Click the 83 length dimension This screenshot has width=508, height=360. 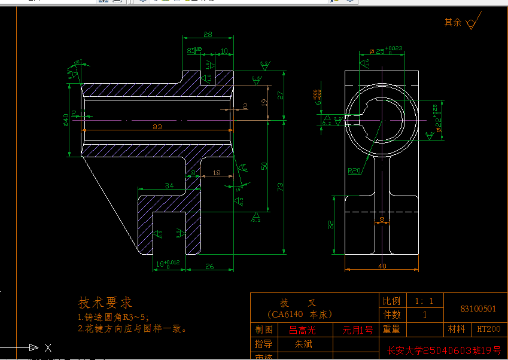(157, 126)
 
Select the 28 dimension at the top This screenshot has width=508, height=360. (208, 35)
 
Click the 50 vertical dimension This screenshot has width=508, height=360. (264, 166)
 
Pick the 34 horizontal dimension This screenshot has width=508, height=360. (169, 186)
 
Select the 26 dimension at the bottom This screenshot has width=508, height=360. (209, 266)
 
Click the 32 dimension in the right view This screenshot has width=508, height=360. (330, 224)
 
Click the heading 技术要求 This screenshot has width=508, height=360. (105, 303)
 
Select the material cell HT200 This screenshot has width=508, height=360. (488, 329)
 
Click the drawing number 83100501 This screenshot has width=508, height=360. (478, 309)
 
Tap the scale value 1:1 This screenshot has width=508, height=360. (425, 301)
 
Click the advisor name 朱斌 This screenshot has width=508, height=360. (303, 344)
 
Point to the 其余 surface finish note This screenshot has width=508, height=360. (453, 22)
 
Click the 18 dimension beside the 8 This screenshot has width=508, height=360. (216, 172)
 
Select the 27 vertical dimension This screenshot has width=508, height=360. (280, 95)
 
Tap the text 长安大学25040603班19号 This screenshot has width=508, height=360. (443, 350)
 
